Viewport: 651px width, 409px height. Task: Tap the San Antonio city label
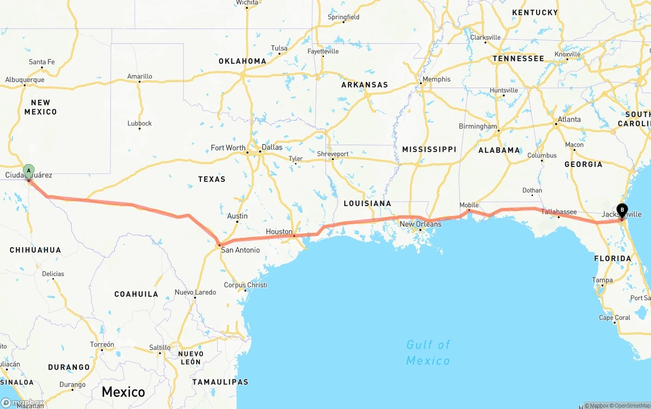[x=240, y=250]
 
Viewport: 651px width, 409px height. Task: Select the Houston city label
[x=279, y=232]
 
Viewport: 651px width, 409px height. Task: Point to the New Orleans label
[x=421, y=224]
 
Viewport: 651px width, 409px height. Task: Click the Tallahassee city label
[x=559, y=212]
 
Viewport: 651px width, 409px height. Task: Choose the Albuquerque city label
[x=25, y=80]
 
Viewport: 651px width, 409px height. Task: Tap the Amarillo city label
[x=140, y=76]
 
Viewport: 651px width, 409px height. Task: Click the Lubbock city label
[x=140, y=123]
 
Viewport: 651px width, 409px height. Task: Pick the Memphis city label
[x=436, y=79]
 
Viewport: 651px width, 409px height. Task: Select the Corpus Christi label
[x=246, y=285]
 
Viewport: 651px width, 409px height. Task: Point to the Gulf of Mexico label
[x=428, y=352]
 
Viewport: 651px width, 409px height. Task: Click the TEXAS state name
[x=212, y=179]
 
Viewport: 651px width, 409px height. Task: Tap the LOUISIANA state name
[x=367, y=203]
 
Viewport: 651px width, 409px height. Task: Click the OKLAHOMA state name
[x=243, y=61]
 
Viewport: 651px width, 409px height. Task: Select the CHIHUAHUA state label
[x=36, y=250]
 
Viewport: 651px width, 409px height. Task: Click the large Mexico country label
[x=123, y=392]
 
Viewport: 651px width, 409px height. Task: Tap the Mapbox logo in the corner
[x=22, y=403]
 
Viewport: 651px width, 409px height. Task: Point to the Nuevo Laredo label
[x=195, y=292]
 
